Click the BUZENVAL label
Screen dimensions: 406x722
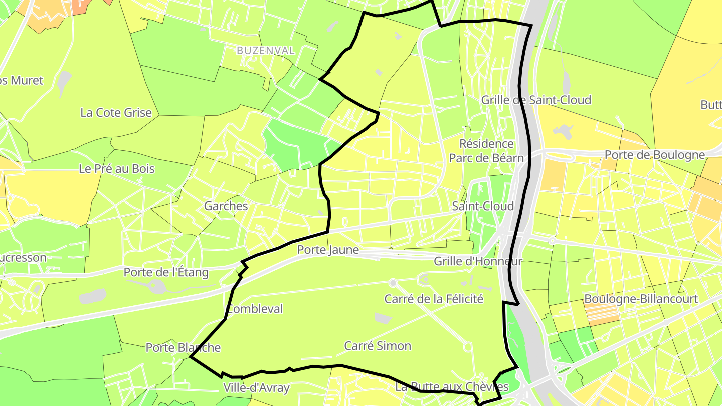pyautogui.click(x=265, y=51)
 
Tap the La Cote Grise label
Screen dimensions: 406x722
pyautogui.click(x=116, y=113)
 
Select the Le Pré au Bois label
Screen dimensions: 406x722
pyautogui.click(x=117, y=169)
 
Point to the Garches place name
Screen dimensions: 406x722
pyautogui.click(x=226, y=206)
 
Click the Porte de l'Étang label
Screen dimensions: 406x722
pyautogui.click(x=166, y=273)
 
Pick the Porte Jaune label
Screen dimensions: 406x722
pyautogui.click(x=328, y=250)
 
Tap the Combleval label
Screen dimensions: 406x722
pyautogui.click(x=255, y=309)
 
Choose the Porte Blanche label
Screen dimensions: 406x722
pyautogui.click(x=183, y=348)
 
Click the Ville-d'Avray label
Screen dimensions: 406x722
pyautogui.click(x=256, y=388)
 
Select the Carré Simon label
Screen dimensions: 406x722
pyautogui.click(x=378, y=346)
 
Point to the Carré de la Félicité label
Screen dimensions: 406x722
pyautogui.click(x=434, y=299)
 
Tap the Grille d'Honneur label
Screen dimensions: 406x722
pyautogui.click(x=478, y=261)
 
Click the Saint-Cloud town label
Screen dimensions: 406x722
pyautogui.click(x=483, y=206)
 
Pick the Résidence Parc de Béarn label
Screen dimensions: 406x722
pyautogui.click(x=486, y=151)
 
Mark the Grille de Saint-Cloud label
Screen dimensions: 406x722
pyautogui.click(x=536, y=100)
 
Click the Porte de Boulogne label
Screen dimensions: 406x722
pyautogui.click(x=655, y=155)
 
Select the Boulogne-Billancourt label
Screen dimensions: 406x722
pyautogui.click(x=641, y=299)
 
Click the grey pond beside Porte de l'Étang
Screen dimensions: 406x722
pyautogui.click(x=93, y=296)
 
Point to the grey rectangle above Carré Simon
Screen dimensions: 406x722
pyautogui.click(x=383, y=318)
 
